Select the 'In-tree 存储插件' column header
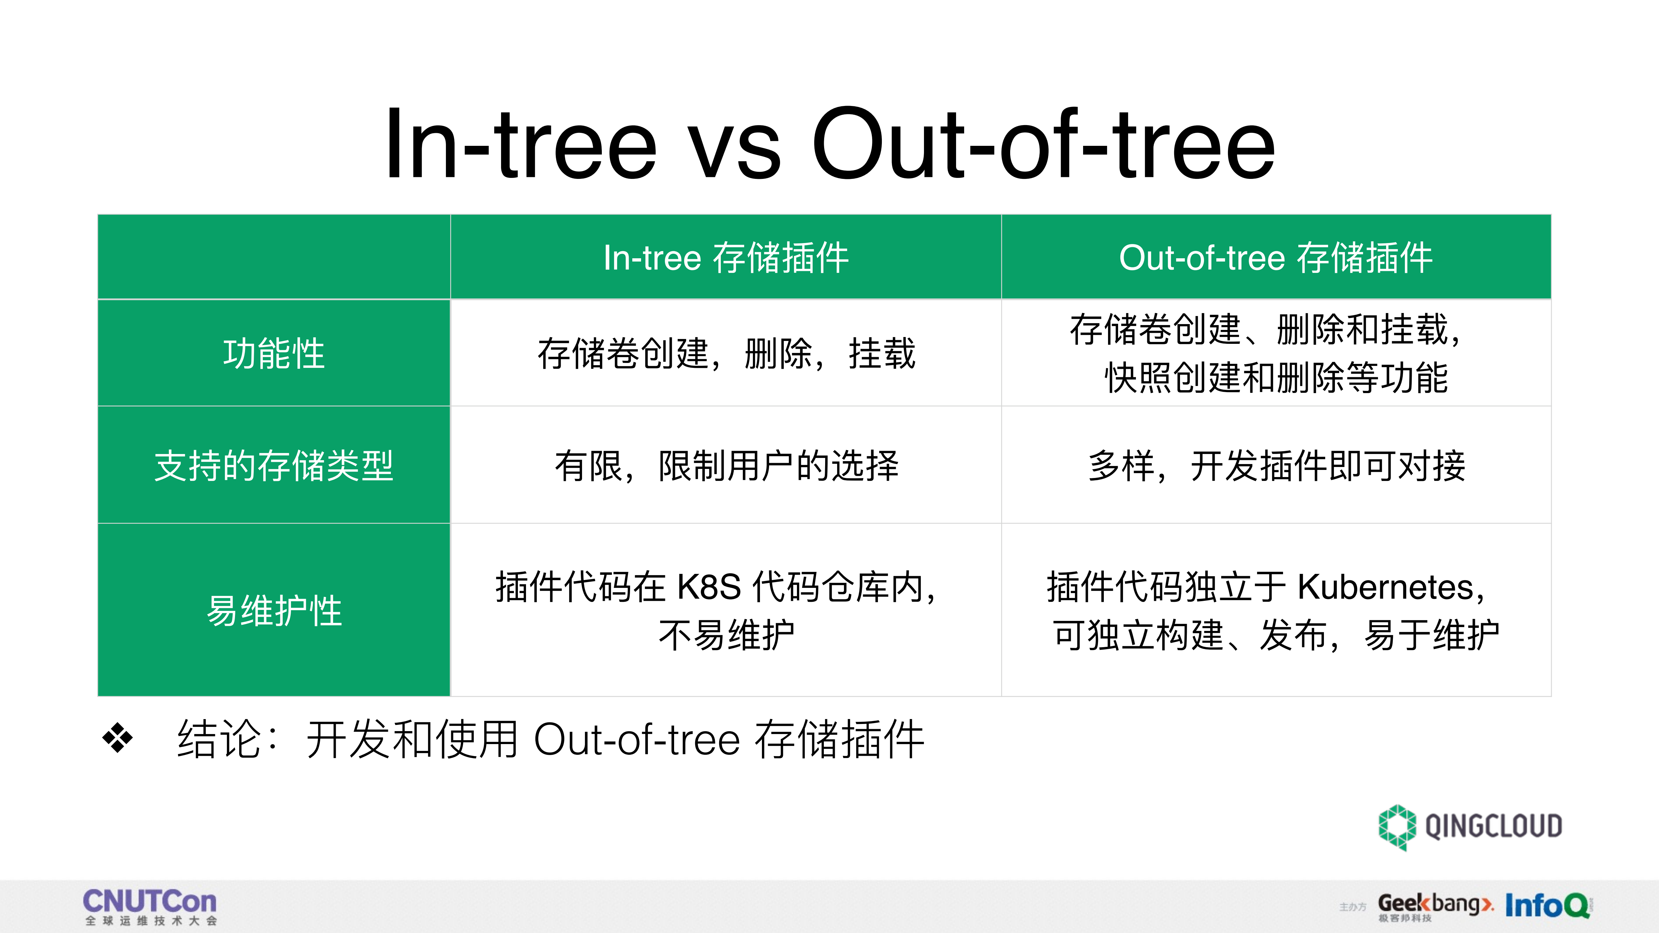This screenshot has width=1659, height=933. [x=726, y=258]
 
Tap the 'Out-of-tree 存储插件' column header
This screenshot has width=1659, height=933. [x=1275, y=258]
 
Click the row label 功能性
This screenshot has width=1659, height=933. [x=274, y=354]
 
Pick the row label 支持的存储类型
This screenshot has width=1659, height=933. [x=274, y=466]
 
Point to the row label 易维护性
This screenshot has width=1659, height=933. [x=274, y=611]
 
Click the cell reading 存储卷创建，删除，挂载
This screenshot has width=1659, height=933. [x=726, y=354]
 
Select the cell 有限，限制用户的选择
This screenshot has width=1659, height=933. [x=726, y=466]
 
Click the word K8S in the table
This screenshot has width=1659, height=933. [x=709, y=587]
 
